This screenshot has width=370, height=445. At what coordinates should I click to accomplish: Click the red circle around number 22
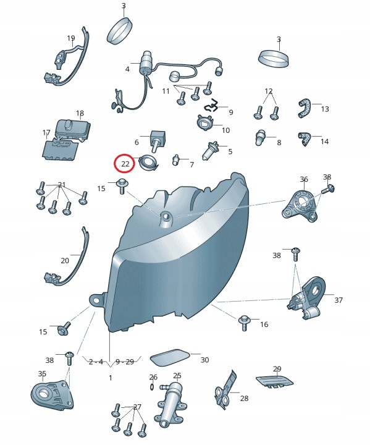(x=124, y=163)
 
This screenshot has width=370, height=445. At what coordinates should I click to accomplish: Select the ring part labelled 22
(x=148, y=163)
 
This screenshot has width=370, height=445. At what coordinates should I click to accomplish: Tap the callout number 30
(x=205, y=360)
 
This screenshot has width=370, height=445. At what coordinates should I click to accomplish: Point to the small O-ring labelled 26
(x=152, y=387)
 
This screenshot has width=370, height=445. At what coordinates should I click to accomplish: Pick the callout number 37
(x=338, y=300)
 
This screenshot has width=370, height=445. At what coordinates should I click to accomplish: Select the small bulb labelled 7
(x=176, y=159)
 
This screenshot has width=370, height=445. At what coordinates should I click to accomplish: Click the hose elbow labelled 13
(x=305, y=108)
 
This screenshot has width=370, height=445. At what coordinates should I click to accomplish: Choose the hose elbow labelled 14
(x=305, y=138)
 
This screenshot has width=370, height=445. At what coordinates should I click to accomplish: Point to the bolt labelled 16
(x=244, y=323)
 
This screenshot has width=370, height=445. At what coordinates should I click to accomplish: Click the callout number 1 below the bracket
(x=111, y=378)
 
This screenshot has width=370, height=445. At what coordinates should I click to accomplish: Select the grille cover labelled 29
(x=274, y=381)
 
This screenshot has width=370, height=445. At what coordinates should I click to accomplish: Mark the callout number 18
(x=80, y=114)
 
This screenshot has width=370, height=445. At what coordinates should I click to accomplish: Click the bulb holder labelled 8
(x=261, y=137)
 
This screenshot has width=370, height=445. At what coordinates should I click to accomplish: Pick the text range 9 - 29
(x=125, y=362)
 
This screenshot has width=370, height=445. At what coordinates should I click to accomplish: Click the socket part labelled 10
(x=205, y=121)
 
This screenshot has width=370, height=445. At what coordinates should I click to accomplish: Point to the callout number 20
(x=65, y=260)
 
